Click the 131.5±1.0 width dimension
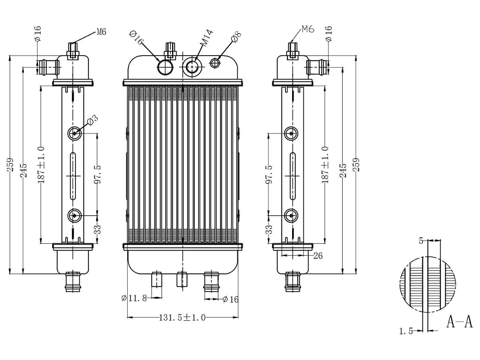[182, 317]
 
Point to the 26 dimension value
[318, 255]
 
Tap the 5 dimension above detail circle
[421, 241]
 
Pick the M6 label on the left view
[101, 32]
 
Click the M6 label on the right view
[308, 29]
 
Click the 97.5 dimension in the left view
[97, 174]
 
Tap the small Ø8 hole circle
[215, 62]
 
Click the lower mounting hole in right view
[291, 215]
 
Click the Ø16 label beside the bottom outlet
[230, 299]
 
